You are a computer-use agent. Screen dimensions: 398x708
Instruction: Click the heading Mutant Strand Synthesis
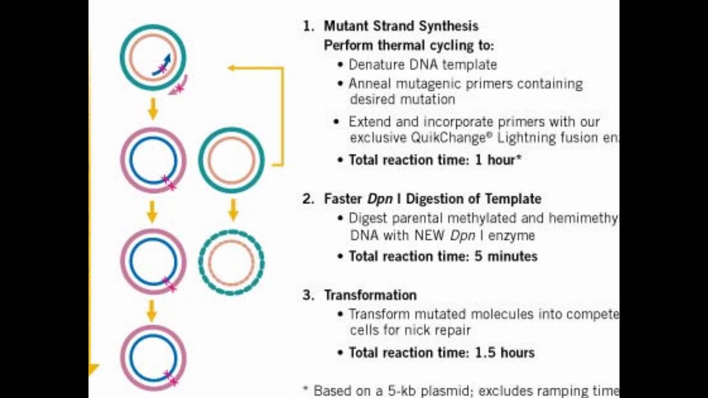click(401, 26)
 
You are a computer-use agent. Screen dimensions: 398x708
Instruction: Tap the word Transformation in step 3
click(370, 295)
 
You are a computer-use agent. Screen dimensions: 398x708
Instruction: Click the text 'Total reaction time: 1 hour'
click(435, 160)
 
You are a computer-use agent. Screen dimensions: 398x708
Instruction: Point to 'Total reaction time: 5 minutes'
click(442, 256)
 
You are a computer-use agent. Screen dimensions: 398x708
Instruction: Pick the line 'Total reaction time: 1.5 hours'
click(441, 353)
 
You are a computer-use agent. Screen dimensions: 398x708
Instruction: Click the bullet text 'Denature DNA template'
click(423, 65)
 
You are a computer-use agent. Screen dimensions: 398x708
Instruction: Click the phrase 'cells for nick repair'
click(410, 331)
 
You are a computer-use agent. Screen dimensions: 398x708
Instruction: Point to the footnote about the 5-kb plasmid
click(459, 391)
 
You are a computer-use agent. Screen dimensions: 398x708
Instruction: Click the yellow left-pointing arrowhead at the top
click(232, 68)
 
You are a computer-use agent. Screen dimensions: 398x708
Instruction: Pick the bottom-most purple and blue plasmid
click(153, 358)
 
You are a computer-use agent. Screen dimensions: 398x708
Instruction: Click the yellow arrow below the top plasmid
click(153, 108)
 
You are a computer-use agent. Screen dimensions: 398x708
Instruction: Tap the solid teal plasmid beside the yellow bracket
click(231, 160)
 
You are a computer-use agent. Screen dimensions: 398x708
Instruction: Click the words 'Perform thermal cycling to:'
click(408, 45)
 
